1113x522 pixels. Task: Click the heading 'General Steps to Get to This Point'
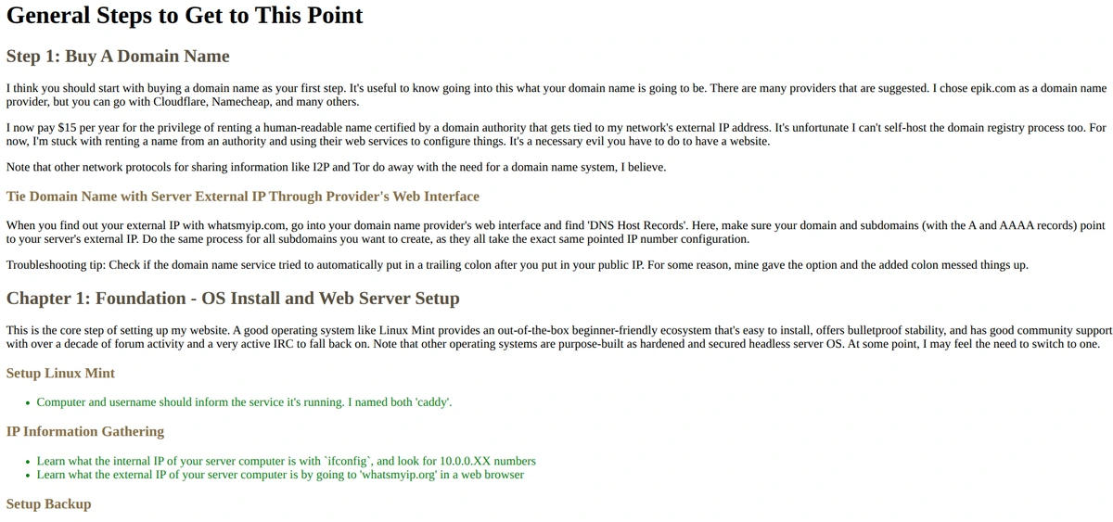185,16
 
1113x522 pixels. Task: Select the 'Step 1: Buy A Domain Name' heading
118,57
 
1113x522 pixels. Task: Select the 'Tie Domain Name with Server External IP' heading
243,197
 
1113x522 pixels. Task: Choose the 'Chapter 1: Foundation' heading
233,299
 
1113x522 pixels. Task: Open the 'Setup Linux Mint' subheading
60,374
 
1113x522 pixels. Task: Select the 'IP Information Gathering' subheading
85,432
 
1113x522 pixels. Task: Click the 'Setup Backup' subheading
48,504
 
